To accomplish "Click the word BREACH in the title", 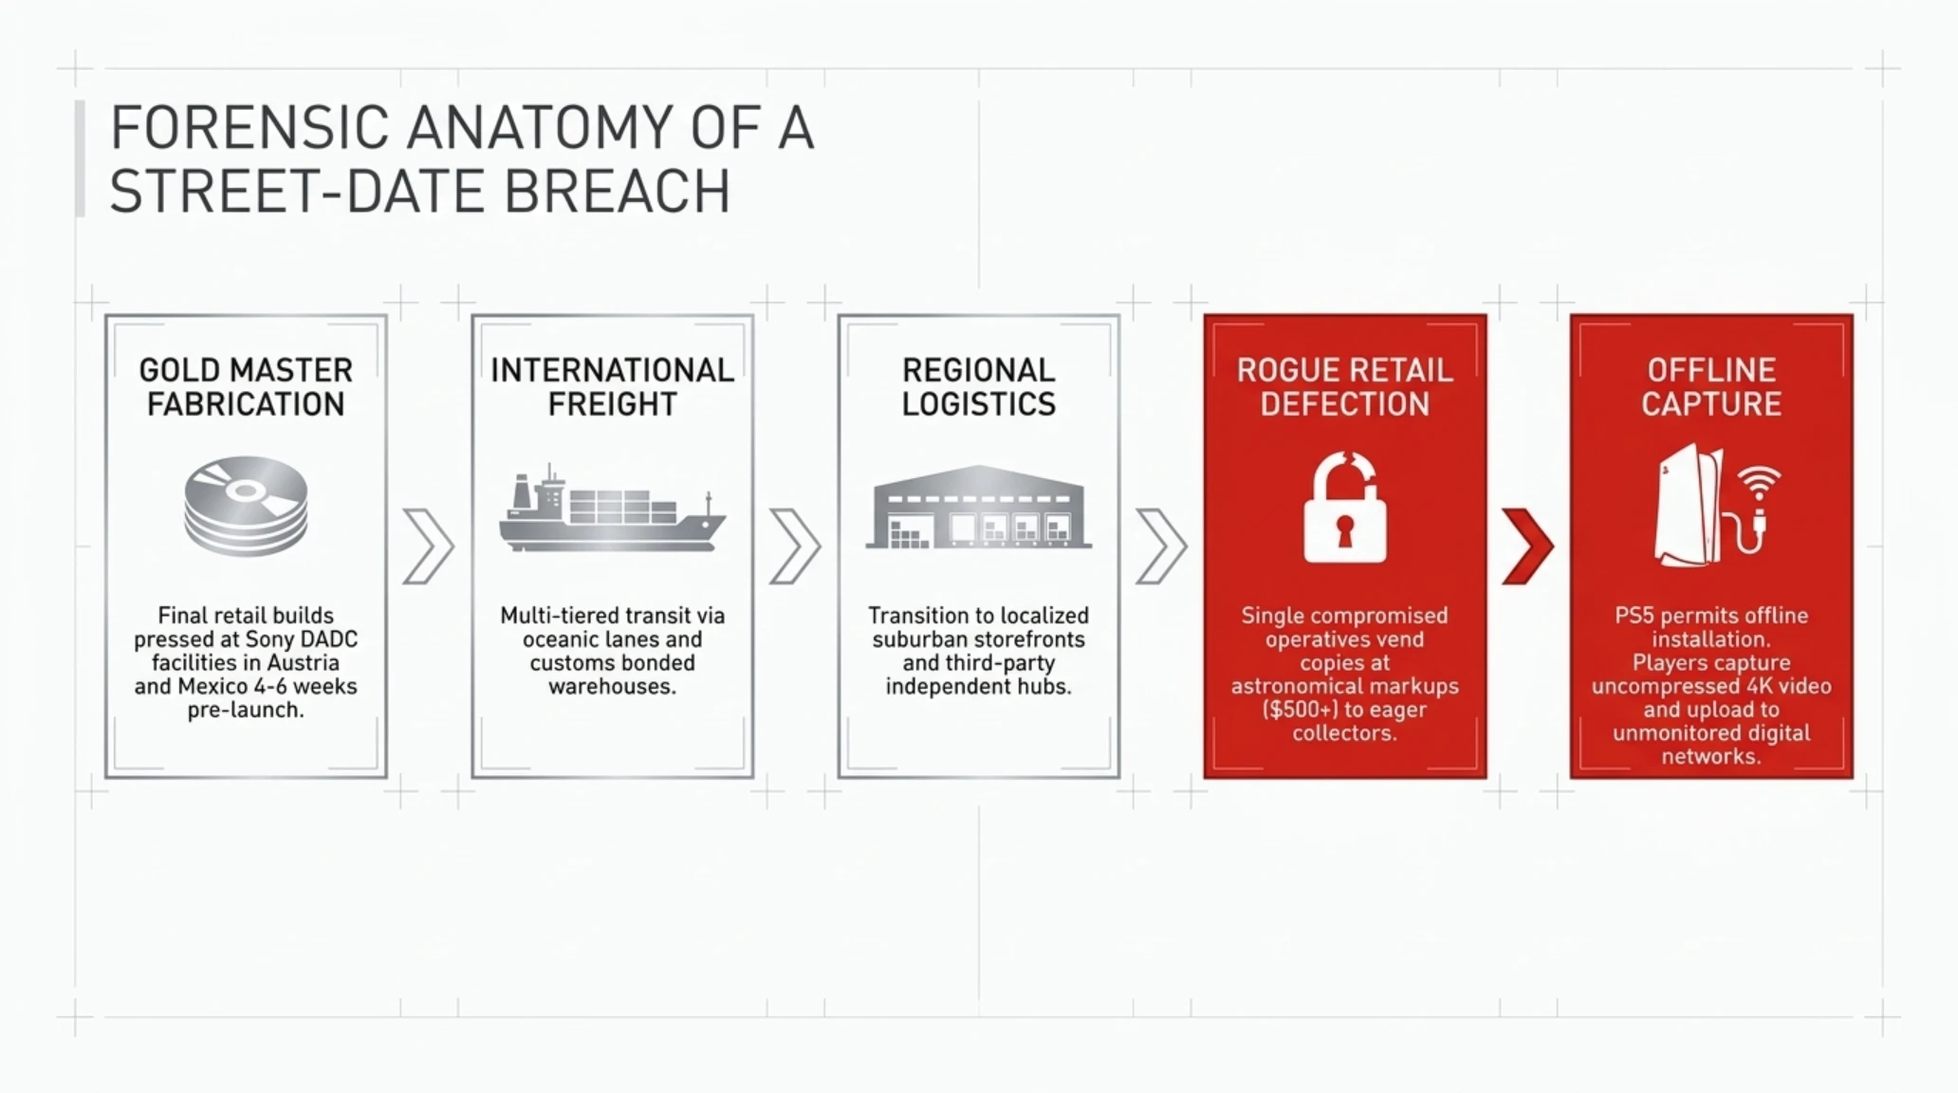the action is coord(617,192).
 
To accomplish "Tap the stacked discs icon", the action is coord(246,506).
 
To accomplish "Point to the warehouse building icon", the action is coord(978,507).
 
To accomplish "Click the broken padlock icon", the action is coord(1344,508).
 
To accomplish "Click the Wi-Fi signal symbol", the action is coord(1760,483).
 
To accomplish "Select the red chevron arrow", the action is coord(1527,546).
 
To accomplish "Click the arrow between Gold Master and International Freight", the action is coord(429,546).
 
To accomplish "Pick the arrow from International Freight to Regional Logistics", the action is coord(795,546).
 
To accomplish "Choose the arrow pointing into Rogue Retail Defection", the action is coord(1161,546).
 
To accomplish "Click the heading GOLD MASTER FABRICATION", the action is coord(246,387).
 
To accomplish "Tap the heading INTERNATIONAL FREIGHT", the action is coord(612,387).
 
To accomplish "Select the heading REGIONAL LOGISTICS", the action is coord(978,387).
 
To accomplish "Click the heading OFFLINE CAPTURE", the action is coord(1711,387).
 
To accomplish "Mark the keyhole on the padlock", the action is coord(1344,530).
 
